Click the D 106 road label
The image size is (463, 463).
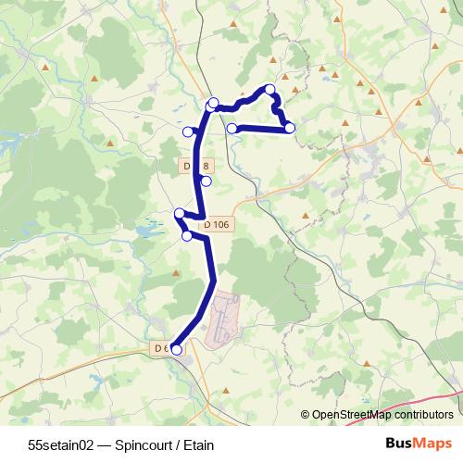[x=216, y=223]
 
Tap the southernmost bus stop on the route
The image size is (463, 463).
[x=176, y=349]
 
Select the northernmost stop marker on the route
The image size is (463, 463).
[x=270, y=90]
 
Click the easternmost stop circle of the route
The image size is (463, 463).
[x=290, y=127]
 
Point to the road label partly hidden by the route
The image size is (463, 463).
[x=193, y=165]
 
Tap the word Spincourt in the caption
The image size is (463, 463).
[x=135, y=443]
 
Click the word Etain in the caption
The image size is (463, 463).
[x=188, y=443]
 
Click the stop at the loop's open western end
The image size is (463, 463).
[x=232, y=128]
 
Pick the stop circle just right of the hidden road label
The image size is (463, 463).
[x=206, y=181]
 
